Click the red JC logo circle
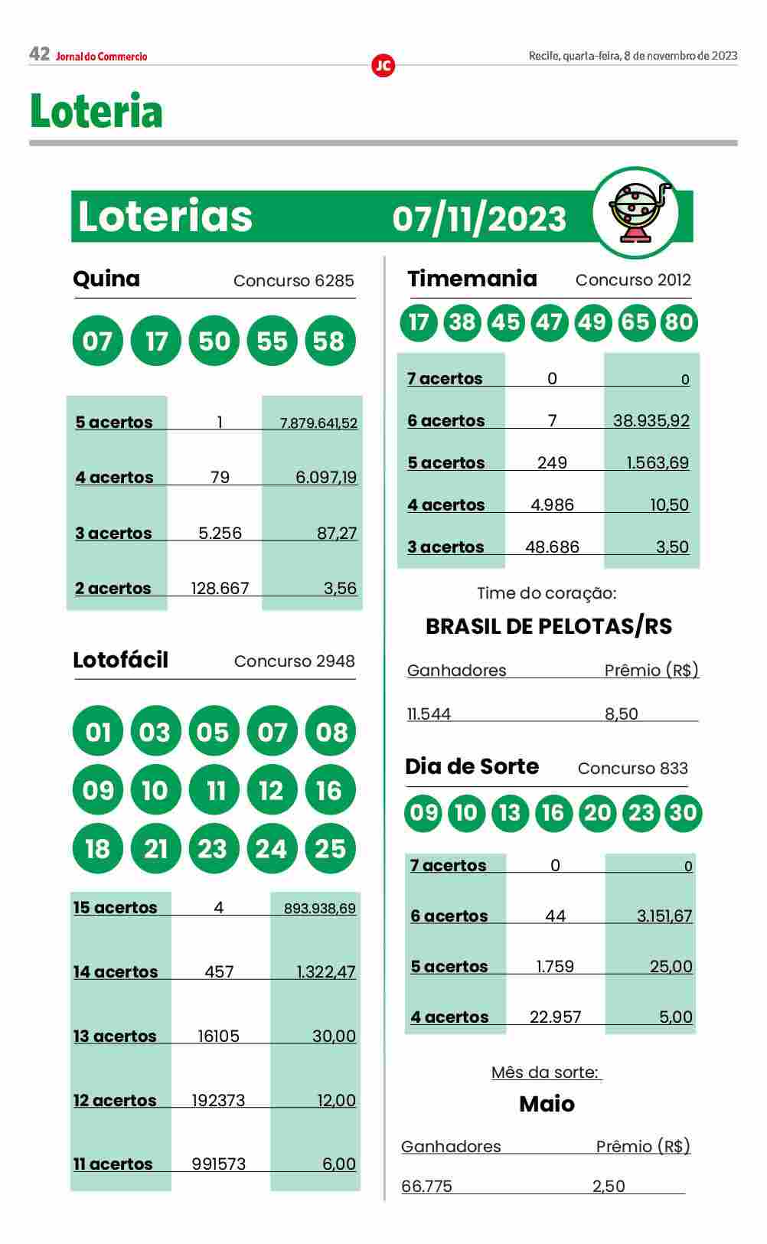click(383, 66)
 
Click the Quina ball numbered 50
click(214, 341)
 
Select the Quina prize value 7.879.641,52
click(318, 423)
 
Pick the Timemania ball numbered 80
click(678, 322)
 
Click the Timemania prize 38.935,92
click(651, 420)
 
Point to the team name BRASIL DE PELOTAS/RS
click(548, 626)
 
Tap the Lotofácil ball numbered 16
click(330, 790)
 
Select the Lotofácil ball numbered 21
click(155, 848)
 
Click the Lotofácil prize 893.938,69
click(319, 909)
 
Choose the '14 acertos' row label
click(116, 972)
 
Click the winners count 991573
click(219, 1164)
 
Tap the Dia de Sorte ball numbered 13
click(509, 812)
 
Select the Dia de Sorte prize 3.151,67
click(664, 916)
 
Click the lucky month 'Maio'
click(547, 1104)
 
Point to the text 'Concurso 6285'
click(294, 281)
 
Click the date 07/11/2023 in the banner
click(479, 219)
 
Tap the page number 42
click(39, 54)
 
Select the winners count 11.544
click(429, 714)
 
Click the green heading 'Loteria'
click(96, 111)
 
